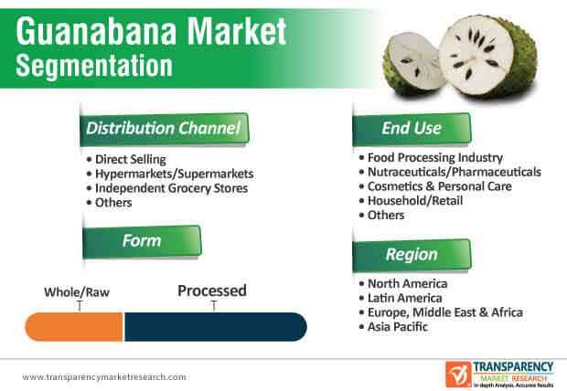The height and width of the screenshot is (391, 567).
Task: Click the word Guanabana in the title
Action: pos(96,31)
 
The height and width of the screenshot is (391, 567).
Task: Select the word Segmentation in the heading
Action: pos(94,66)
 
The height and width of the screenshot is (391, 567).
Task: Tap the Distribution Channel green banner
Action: pos(164,129)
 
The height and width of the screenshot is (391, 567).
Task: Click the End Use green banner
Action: pos(412,128)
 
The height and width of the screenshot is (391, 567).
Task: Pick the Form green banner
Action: pos(142,241)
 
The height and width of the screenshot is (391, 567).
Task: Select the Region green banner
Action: pos(412,255)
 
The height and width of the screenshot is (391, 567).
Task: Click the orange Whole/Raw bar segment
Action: pos(74,327)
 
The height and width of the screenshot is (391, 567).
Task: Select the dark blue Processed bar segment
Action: pos(216,327)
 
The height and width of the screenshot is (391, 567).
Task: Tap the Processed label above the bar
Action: pos(212,291)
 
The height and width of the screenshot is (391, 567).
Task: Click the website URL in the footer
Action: pos(104,377)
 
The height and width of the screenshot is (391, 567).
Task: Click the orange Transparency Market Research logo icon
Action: pos(458,374)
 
